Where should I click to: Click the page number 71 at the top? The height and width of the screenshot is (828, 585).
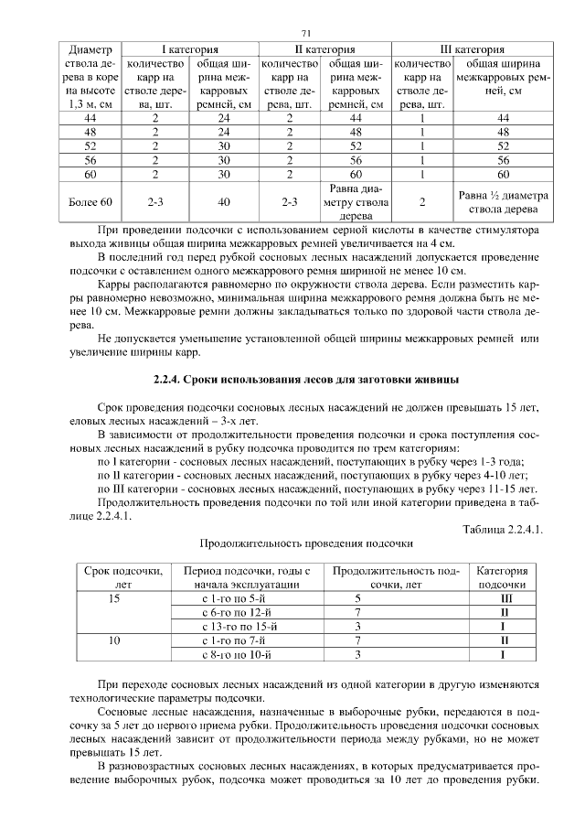pos(293,33)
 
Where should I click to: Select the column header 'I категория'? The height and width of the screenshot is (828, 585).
pos(189,50)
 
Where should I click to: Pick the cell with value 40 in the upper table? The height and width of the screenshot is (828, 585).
pos(224,201)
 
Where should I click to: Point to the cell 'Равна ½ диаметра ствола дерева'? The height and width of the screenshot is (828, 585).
pos(502,201)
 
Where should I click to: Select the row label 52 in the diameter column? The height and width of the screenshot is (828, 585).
pos(90,145)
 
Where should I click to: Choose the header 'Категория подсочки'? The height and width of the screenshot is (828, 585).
pos(502,576)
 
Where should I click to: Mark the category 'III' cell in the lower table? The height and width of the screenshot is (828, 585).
pos(503,597)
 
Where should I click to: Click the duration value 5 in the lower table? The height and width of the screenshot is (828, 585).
pos(357,597)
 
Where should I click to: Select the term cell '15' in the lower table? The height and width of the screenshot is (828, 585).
pos(114,597)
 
